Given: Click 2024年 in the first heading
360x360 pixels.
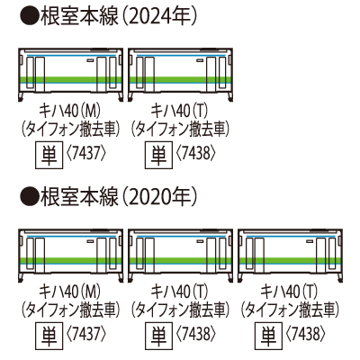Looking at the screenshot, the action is tap(159, 17).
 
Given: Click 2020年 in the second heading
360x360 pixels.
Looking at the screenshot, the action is tap(159, 197).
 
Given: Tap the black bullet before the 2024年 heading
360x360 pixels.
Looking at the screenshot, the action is tap(30, 17).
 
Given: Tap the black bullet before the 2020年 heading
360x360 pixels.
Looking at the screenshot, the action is tap(30, 197).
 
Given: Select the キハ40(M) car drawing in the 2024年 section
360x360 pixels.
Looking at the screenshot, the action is tap(70, 75).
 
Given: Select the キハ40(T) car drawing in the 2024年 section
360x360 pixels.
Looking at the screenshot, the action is tap(181, 75).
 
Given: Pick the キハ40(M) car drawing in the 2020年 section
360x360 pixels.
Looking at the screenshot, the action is tap(70, 256).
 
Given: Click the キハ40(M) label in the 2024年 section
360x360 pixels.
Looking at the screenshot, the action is tap(70, 112).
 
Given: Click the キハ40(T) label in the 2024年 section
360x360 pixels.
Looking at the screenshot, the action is tap(179, 112).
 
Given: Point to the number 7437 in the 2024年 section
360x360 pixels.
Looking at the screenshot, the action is tap(86, 155).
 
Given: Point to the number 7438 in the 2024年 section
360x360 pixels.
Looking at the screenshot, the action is tap(196, 155).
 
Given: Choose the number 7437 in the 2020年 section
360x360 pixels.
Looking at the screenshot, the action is tap(86, 335).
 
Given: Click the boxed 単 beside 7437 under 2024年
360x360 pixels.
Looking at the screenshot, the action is tap(49, 155).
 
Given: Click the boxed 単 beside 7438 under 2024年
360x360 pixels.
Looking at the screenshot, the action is tap(159, 155).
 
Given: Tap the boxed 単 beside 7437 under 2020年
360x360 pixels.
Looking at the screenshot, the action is tap(49, 335).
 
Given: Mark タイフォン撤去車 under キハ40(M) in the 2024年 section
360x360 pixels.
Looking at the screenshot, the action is tap(71, 130).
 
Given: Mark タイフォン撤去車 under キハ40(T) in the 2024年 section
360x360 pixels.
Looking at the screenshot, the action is tap(181, 130).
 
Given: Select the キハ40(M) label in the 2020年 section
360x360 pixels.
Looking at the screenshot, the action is tap(70, 292).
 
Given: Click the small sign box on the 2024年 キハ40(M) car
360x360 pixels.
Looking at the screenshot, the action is tap(91, 60).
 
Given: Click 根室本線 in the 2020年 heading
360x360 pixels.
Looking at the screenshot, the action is tap(79, 197).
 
